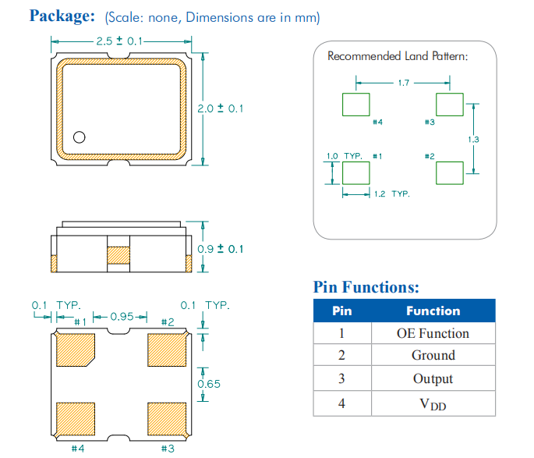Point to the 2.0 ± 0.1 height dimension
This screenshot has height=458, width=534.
click(220, 108)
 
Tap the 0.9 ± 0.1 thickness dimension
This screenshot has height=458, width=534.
click(220, 249)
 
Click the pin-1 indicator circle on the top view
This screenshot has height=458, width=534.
click(79, 138)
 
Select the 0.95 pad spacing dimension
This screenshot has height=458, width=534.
click(120, 317)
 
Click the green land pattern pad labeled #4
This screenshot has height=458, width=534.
click(356, 105)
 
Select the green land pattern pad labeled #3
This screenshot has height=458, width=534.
click(449, 105)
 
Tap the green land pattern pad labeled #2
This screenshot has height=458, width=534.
click(449, 172)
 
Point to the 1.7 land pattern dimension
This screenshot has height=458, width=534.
click(403, 82)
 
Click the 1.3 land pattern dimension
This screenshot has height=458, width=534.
click(473, 139)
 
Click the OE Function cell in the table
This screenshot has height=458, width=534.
click(433, 333)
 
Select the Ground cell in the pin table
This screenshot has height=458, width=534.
click(433, 356)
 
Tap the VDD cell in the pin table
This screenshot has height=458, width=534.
click(433, 403)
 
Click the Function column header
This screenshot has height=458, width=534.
click(433, 311)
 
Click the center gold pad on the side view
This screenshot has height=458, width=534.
click(119, 255)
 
